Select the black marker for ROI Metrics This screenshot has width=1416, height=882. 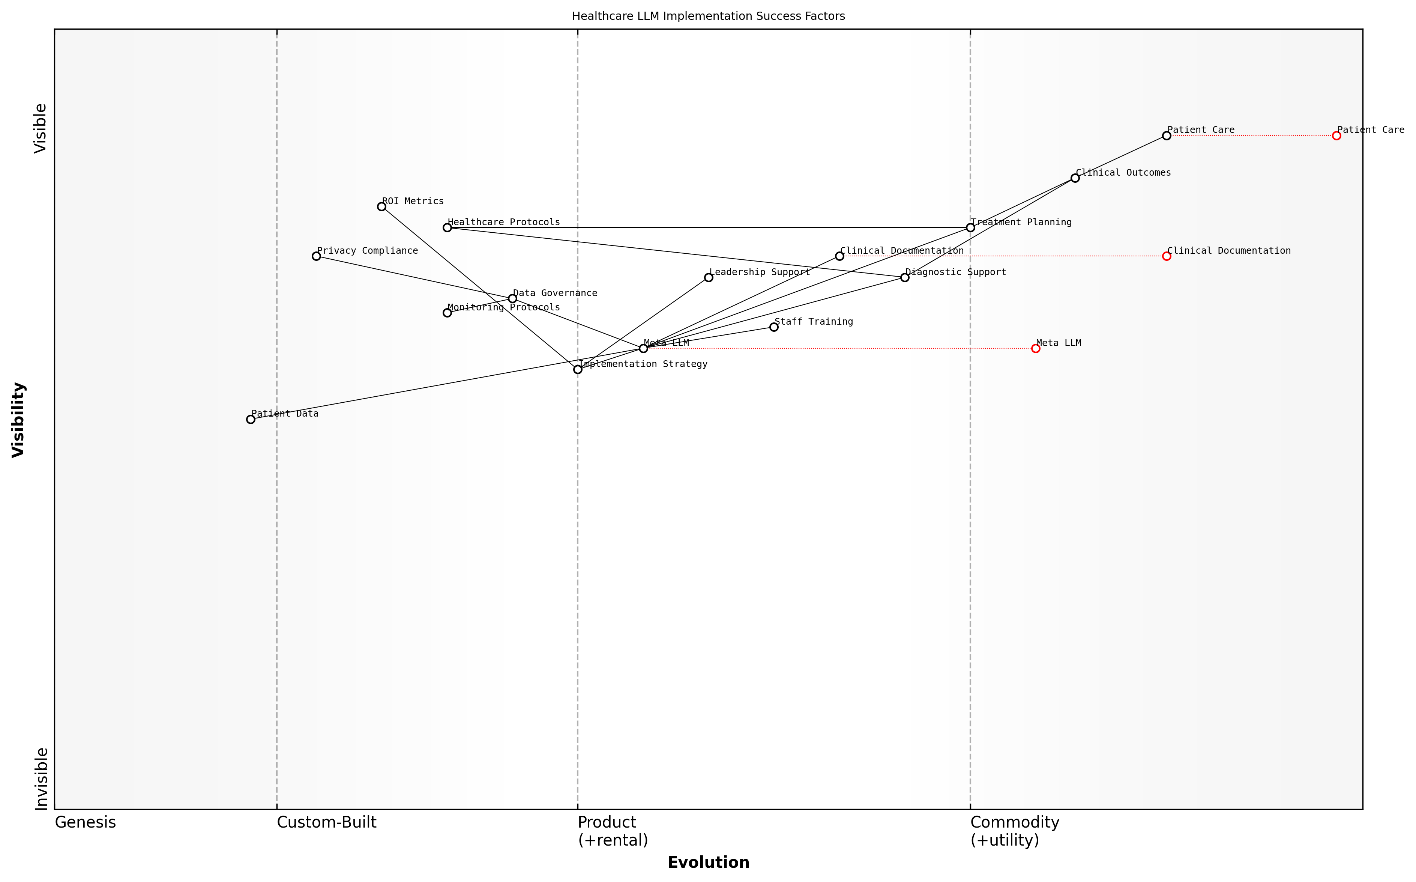[x=381, y=206]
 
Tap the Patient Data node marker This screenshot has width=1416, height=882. [x=251, y=419]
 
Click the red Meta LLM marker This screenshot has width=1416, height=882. [x=1035, y=348]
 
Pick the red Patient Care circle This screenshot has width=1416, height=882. [x=1336, y=136]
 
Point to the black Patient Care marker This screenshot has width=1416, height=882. [x=1166, y=136]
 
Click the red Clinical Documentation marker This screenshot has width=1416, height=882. [x=1166, y=256]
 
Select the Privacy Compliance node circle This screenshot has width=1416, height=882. [x=316, y=256]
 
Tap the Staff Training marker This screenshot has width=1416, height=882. [x=773, y=327]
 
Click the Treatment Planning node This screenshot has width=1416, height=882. [x=970, y=227]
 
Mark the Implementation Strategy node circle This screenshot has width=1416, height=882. [x=577, y=369]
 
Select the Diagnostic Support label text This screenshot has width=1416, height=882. [x=955, y=272]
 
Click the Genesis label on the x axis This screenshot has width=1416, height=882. [x=85, y=822]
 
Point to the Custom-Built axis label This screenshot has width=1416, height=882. [x=326, y=822]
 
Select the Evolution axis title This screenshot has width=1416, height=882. [x=708, y=862]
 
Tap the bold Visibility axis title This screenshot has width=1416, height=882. [x=19, y=419]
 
